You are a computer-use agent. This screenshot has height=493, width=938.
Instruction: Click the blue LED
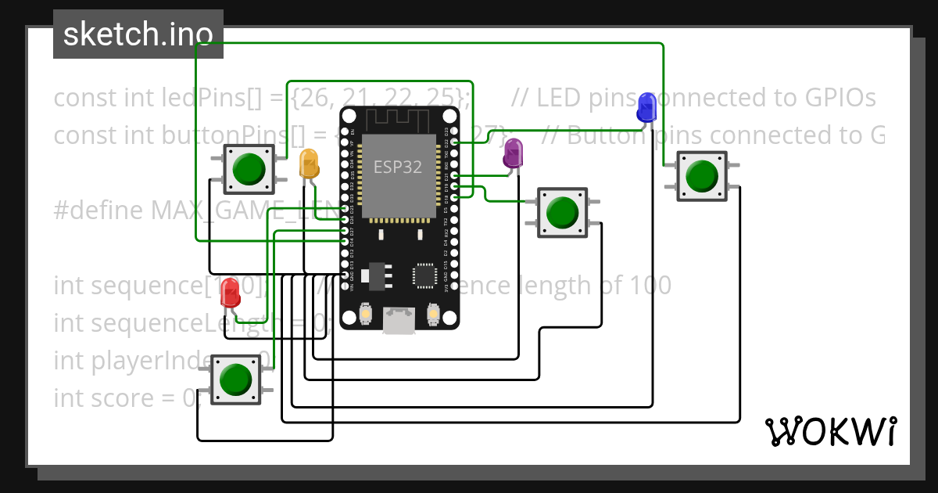(646, 106)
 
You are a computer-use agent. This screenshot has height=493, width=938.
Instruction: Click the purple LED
(513, 153)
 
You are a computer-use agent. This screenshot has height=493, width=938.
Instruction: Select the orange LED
(310, 164)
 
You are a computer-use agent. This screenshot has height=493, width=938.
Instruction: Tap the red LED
(231, 292)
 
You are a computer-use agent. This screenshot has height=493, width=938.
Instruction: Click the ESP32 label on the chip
(399, 167)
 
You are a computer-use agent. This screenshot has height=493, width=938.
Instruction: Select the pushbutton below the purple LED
(562, 212)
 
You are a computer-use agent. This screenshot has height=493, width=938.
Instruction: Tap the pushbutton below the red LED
(234, 380)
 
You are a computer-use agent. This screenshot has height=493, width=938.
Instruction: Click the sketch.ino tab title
(138, 34)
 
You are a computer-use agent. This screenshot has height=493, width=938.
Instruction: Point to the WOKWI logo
(830, 431)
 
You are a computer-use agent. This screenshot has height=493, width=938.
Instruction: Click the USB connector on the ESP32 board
(399, 321)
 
